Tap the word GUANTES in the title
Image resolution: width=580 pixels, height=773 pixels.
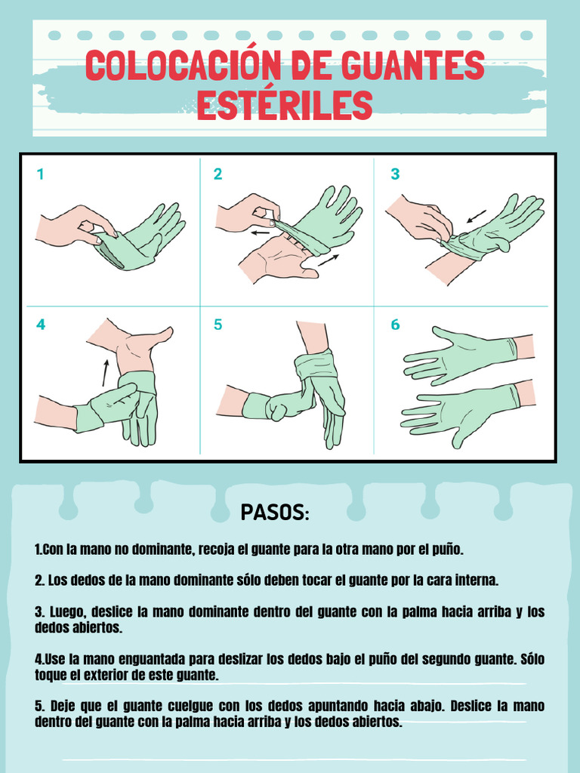coord(413,65)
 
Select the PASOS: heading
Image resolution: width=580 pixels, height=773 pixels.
coord(275,513)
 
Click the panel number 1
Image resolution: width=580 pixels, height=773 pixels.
coord(41,174)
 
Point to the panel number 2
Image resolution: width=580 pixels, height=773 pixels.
coord(217,174)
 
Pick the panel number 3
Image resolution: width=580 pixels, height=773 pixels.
coord(395,174)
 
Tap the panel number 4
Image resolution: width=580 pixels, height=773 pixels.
coord(41,325)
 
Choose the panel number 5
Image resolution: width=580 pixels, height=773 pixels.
coord(217,325)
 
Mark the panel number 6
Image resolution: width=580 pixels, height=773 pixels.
coord(395,325)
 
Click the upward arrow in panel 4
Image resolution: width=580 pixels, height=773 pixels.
coord(105,373)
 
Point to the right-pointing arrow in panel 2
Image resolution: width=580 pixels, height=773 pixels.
coord(329,260)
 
